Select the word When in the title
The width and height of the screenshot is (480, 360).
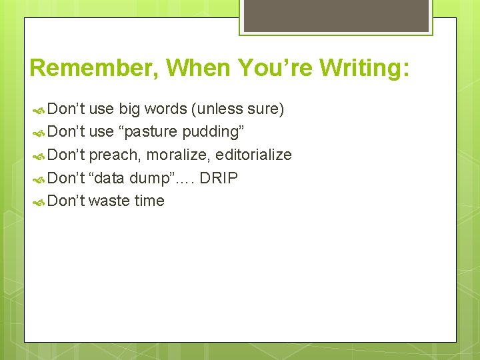tap(197, 68)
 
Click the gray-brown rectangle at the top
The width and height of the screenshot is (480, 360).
tap(337, 15)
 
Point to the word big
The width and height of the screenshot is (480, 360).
tap(130, 109)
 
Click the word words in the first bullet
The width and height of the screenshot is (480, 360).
tap(165, 109)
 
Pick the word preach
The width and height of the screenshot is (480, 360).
tap(115, 155)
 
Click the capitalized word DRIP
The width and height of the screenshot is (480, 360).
tap(218, 178)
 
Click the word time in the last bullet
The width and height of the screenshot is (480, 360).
tap(149, 201)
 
